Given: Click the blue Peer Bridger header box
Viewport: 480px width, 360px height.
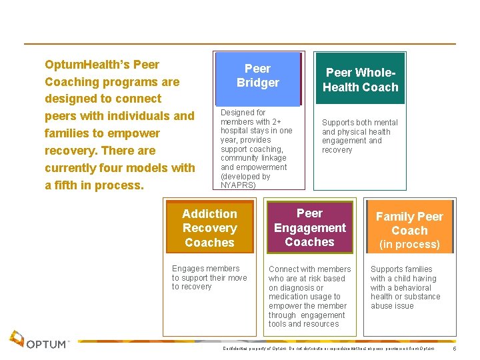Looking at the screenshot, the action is tap(257, 76).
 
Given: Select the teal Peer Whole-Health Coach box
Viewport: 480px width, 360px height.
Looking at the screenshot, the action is tap(360, 79).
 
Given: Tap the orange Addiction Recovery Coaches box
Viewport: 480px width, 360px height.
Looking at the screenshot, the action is tap(209, 228).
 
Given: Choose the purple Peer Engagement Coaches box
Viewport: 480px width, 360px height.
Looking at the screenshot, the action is tap(309, 227).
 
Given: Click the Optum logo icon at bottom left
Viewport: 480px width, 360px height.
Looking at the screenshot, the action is tap(17, 339).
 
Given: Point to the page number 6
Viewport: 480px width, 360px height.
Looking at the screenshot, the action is tap(454, 349).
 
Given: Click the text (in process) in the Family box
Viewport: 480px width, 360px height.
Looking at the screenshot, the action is tap(409, 244).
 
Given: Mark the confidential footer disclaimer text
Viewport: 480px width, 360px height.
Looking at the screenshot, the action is tap(329, 349).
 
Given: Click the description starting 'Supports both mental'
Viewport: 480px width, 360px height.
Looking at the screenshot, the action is tap(359, 136).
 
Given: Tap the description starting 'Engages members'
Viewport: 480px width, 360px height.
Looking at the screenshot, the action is tap(209, 277).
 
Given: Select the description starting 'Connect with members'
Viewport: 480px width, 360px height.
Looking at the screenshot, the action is tap(309, 297).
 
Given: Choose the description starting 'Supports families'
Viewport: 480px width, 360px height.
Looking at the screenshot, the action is tap(405, 287).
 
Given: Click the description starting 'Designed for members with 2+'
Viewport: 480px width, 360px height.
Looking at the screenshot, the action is tap(257, 149).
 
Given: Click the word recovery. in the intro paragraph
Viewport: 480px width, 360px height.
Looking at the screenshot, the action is tap(73, 151).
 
